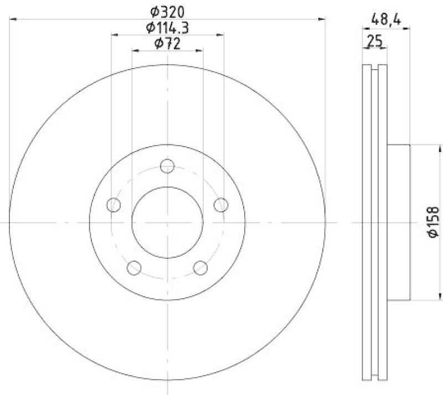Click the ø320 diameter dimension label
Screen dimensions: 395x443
coord(167,11)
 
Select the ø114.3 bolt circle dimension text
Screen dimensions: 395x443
coord(167,27)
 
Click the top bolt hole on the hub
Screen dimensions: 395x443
coord(167,165)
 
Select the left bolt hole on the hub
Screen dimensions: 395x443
coord(114,205)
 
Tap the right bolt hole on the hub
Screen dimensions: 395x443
coord(221,205)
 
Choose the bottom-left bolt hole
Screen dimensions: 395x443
coord(135,268)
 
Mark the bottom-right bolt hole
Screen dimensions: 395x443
coord(200,268)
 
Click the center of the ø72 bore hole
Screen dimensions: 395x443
coord(167,222)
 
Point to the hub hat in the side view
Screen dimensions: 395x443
coord(398,222)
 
